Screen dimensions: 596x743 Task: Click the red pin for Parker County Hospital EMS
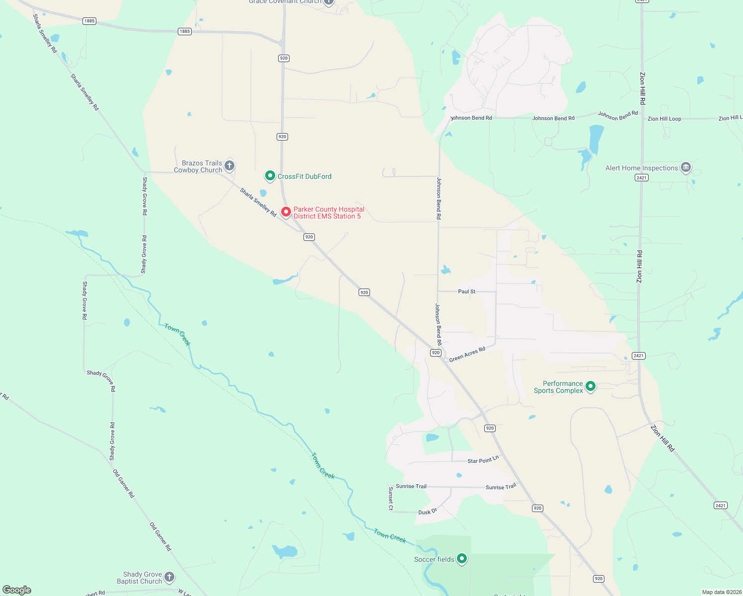point(286,212)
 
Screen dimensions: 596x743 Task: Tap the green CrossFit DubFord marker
point(270,176)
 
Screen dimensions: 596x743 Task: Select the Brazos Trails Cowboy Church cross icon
point(229,165)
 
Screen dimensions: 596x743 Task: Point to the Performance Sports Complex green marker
point(590,386)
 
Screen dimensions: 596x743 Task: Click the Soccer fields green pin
point(462,559)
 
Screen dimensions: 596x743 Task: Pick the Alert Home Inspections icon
point(686,167)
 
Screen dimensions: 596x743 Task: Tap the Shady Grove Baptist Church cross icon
point(169,577)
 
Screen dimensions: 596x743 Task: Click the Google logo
point(17,590)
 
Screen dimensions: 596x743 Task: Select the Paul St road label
point(467,292)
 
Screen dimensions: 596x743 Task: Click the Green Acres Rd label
point(467,355)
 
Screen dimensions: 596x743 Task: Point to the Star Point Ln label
point(483,460)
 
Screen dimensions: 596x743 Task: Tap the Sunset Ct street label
point(391,498)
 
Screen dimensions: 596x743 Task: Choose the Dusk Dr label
point(428,512)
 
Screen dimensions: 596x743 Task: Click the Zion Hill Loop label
point(664,119)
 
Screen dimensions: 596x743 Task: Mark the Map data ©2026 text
point(721,592)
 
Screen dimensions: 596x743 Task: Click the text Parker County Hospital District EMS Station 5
point(329,213)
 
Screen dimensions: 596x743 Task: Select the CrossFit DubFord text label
point(304,176)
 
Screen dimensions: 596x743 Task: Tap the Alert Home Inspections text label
point(642,168)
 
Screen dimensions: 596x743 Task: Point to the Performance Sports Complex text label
point(559,387)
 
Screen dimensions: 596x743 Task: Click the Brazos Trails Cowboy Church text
point(198,166)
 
